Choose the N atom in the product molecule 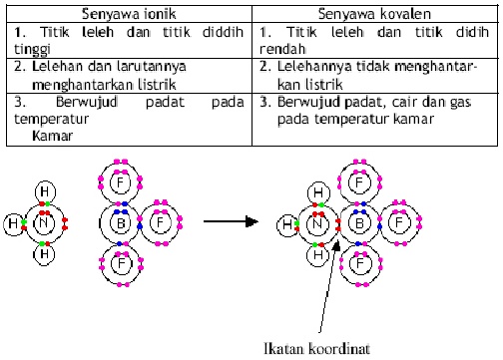(316, 226)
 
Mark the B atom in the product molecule (357, 225)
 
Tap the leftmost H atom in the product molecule (287, 226)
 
